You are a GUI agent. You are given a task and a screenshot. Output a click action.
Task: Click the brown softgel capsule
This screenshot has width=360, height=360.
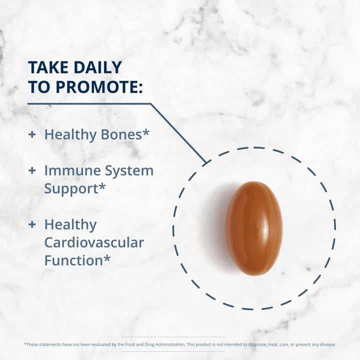(254, 228)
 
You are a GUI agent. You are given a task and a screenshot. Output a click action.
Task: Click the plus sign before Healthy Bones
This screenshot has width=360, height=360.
(32, 134)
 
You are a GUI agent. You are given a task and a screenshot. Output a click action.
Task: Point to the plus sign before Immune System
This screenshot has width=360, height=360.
(32, 170)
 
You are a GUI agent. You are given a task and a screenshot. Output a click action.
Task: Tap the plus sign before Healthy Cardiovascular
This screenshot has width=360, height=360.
(32, 224)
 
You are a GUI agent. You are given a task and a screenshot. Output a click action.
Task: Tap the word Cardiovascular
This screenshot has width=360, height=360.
(94, 242)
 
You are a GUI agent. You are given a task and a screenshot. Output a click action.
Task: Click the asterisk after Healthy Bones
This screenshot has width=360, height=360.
(146, 132)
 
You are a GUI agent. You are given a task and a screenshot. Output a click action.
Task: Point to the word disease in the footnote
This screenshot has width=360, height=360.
(326, 344)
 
